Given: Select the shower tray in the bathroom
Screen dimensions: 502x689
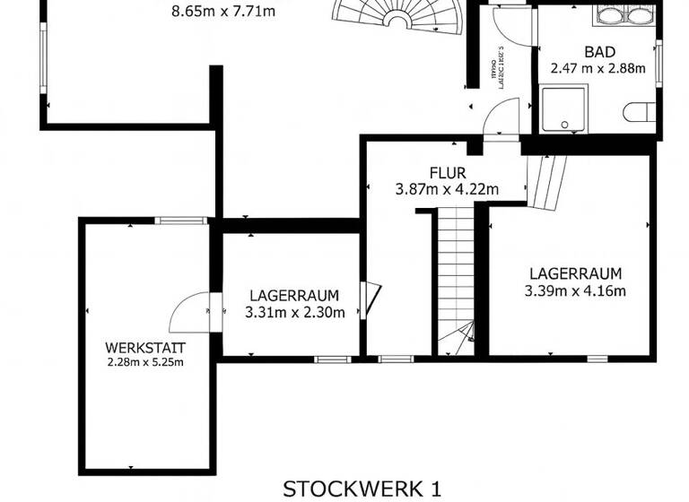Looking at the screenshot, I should click(563, 109).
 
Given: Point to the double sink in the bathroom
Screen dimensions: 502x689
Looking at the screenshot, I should click(625, 15).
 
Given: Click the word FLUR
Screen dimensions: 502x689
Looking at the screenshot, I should click(447, 173).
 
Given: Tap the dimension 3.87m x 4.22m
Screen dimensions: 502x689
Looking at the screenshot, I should click(447, 189).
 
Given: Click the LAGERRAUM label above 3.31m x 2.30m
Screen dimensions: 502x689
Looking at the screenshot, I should click(293, 295).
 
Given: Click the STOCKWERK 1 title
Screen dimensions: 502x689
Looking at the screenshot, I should click(362, 489).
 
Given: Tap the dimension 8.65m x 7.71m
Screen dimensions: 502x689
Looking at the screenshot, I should click(222, 12).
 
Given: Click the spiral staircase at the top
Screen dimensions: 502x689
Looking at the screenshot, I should click(400, 14).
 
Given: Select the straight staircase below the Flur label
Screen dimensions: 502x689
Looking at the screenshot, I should click(456, 278).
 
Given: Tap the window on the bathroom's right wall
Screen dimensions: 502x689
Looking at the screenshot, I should click(658, 63).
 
